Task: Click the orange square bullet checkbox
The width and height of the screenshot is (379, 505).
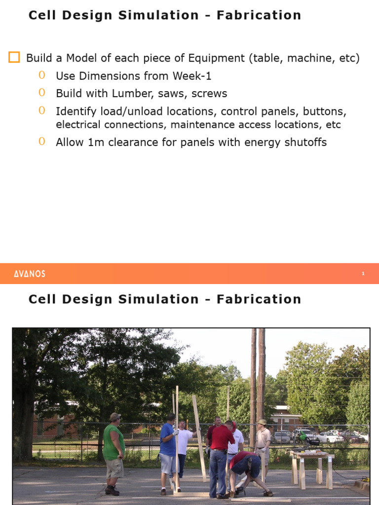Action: [x=14, y=58]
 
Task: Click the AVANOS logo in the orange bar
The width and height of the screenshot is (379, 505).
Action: [x=30, y=274]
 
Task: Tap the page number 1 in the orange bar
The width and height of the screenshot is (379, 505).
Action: [x=363, y=274]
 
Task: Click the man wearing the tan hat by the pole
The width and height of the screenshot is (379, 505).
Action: [x=263, y=441]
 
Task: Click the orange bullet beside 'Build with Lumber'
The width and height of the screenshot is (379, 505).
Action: [x=41, y=93]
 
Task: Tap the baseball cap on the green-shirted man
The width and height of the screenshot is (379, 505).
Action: [x=115, y=416]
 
